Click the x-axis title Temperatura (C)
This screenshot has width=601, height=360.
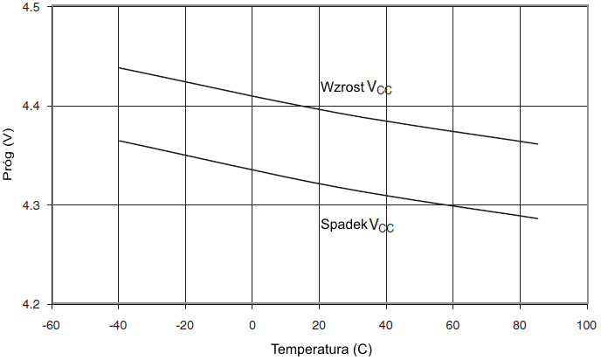pyautogui.click(x=321, y=350)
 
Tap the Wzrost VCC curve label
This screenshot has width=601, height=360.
pyautogui.click(x=356, y=87)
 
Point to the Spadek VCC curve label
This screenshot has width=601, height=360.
pyautogui.click(x=356, y=225)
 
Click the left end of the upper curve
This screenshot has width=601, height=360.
pyautogui.click(x=118, y=67)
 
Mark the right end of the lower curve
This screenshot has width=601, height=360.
pyautogui.click(x=538, y=218)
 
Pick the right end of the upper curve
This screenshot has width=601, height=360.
pyautogui.click(x=538, y=143)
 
